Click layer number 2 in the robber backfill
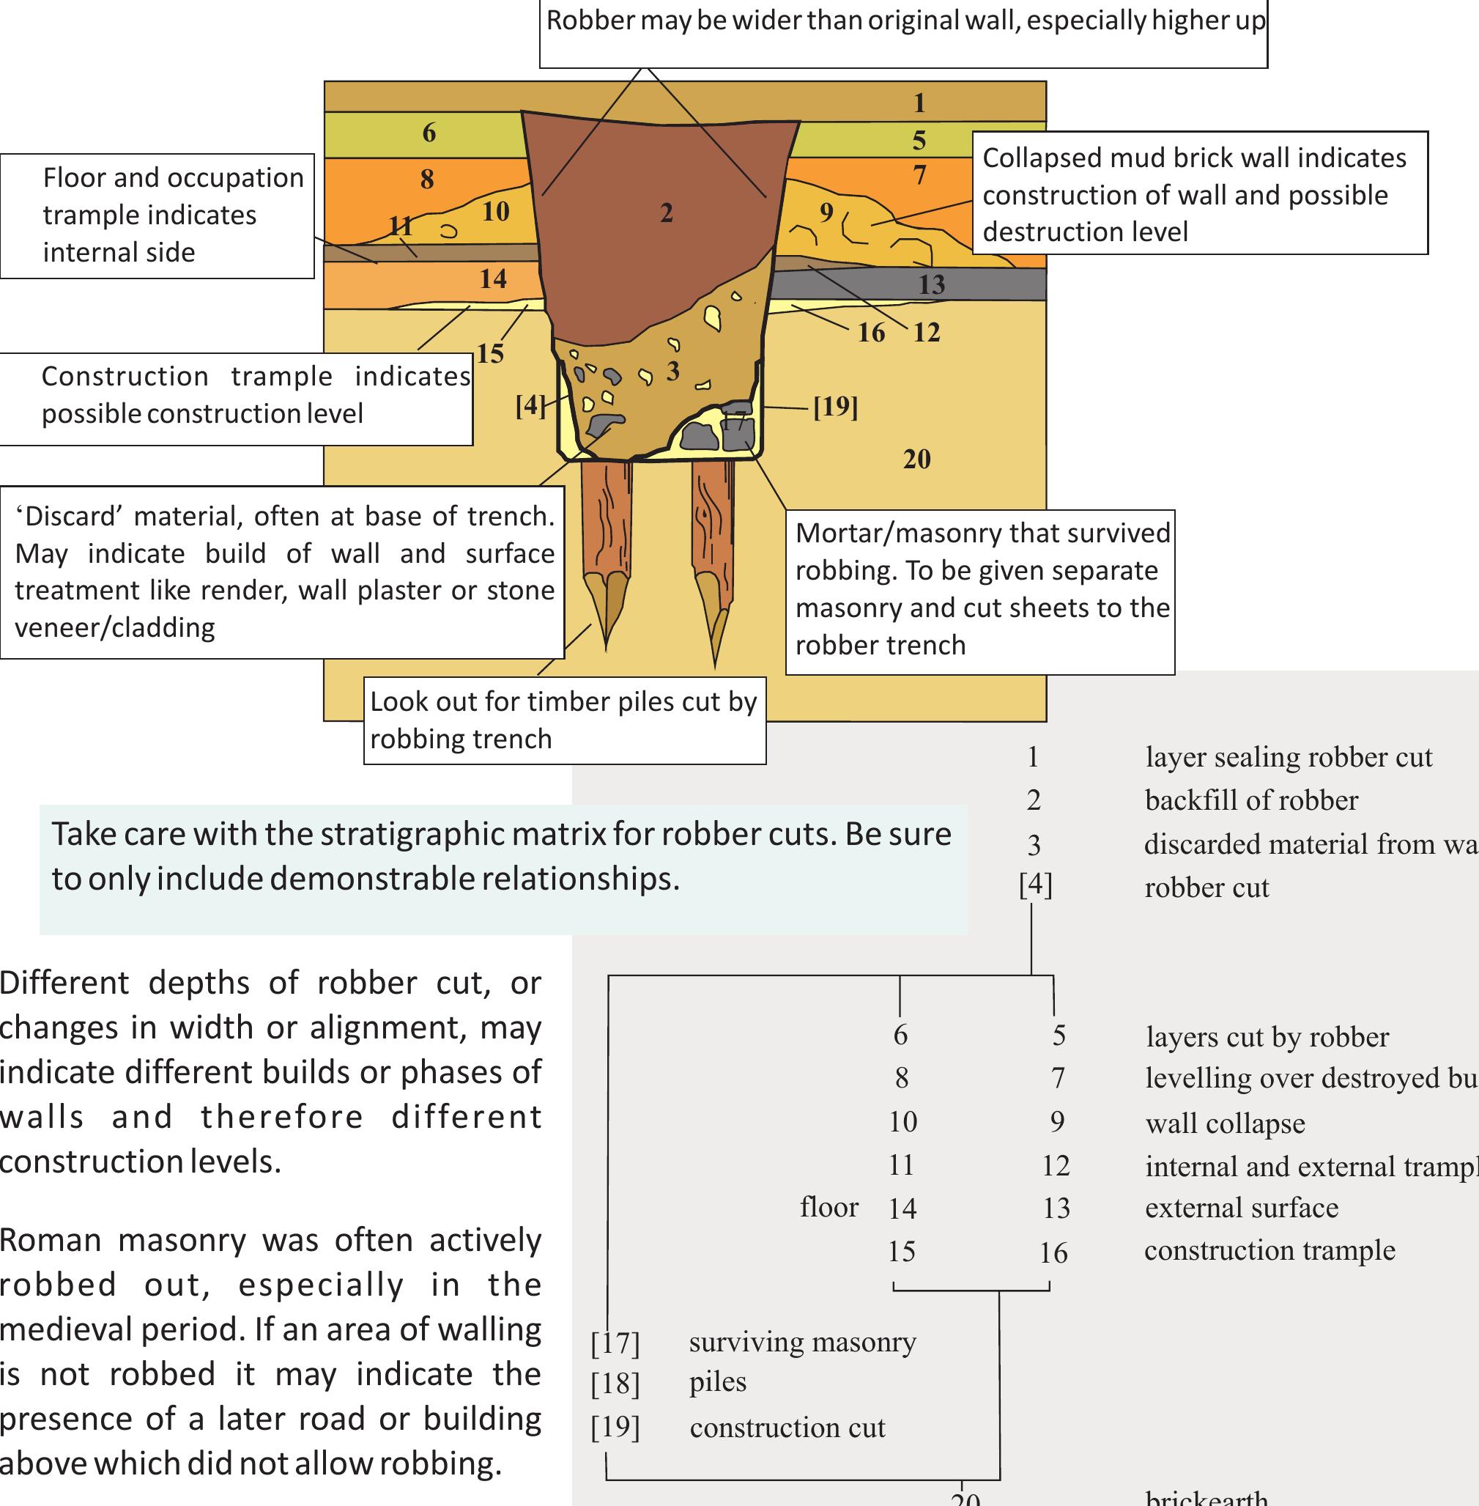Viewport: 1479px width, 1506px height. point(667,213)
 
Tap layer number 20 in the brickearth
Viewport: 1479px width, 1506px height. point(916,459)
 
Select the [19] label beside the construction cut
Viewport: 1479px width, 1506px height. point(835,407)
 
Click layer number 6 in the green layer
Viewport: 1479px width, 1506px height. point(429,133)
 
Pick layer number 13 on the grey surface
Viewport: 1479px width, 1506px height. point(931,284)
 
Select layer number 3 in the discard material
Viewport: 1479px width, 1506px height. point(672,371)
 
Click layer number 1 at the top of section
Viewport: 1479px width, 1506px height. point(919,103)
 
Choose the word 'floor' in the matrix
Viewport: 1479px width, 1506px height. point(829,1207)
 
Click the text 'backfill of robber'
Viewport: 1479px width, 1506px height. point(1251,800)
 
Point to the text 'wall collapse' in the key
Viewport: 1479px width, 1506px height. point(1225,1123)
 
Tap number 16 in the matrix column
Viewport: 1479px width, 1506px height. point(1053,1252)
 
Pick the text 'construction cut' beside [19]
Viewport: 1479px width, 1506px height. point(787,1428)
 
